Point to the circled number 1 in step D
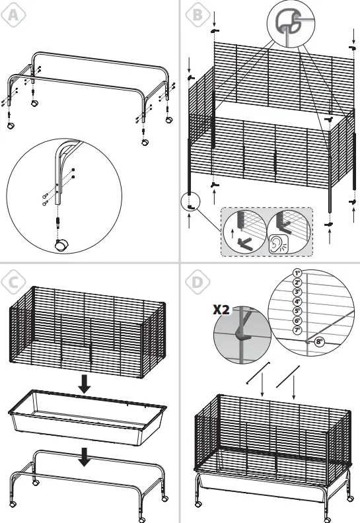[x=297, y=272]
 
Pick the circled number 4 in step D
[x=297, y=300]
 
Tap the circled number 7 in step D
[x=297, y=329]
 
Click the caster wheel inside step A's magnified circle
[x=60, y=246]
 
